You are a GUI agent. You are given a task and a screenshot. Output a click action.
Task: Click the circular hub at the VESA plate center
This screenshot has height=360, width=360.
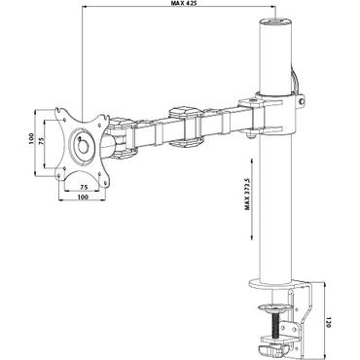pyautogui.click(x=82, y=144)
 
